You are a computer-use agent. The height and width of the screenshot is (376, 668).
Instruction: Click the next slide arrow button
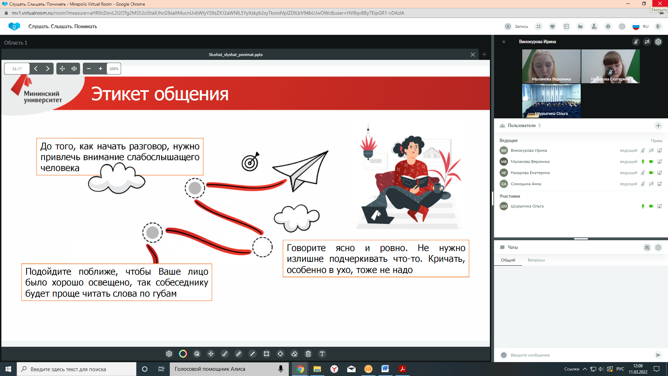point(48,69)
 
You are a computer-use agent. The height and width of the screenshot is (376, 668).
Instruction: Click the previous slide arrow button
point(36,69)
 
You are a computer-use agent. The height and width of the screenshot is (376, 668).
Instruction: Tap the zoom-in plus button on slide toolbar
point(101,69)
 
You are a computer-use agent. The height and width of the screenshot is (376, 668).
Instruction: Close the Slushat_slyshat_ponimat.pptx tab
point(472,55)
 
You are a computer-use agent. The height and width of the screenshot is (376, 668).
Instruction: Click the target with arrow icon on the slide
point(251,162)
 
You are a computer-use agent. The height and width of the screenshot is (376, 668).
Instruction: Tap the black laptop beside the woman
point(378,215)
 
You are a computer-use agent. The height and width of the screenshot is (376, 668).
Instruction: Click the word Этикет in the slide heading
point(120,94)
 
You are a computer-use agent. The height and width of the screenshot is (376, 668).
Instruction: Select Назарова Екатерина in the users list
point(530,173)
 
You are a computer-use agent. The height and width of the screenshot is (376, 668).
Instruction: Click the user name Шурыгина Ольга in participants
point(527,206)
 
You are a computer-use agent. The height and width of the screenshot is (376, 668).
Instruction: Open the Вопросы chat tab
point(536,260)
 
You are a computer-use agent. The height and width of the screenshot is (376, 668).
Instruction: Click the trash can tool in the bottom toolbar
point(308,354)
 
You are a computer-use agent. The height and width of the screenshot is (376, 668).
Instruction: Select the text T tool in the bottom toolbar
point(322,354)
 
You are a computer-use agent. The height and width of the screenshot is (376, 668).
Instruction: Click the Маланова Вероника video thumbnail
point(551,66)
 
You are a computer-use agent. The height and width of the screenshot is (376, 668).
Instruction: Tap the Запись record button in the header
point(516,26)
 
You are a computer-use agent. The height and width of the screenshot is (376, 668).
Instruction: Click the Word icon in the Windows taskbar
point(385,369)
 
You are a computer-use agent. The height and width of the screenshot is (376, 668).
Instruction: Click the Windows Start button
point(8,369)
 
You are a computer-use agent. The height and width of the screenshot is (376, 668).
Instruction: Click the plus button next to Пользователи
point(658,126)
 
